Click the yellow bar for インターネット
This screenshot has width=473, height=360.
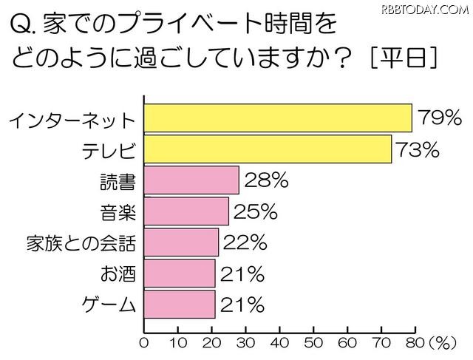[x=277, y=118]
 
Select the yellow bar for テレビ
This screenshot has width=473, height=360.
[x=267, y=149]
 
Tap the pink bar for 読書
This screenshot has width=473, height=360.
[x=191, y=180]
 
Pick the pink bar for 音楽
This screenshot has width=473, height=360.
[x=186, y=211]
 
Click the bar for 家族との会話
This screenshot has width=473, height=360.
[x=181, y=242]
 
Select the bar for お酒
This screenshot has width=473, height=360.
[x=179, y=274]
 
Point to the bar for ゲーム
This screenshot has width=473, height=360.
[x=179, y=304]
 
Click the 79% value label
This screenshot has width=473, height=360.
[x=439, y=118]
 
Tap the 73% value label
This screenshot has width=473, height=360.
[x=418, y=149]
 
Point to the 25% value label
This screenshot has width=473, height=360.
[x=255, y=212]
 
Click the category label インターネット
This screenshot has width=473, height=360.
[x=72, y=120]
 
